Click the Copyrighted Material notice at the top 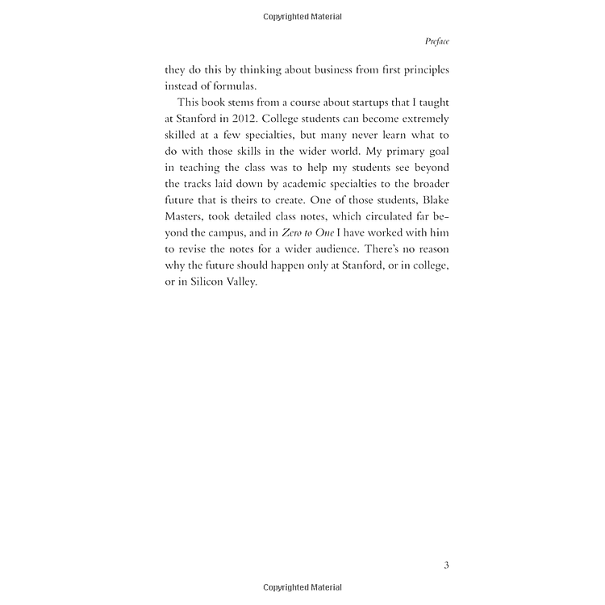[302, 16]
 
